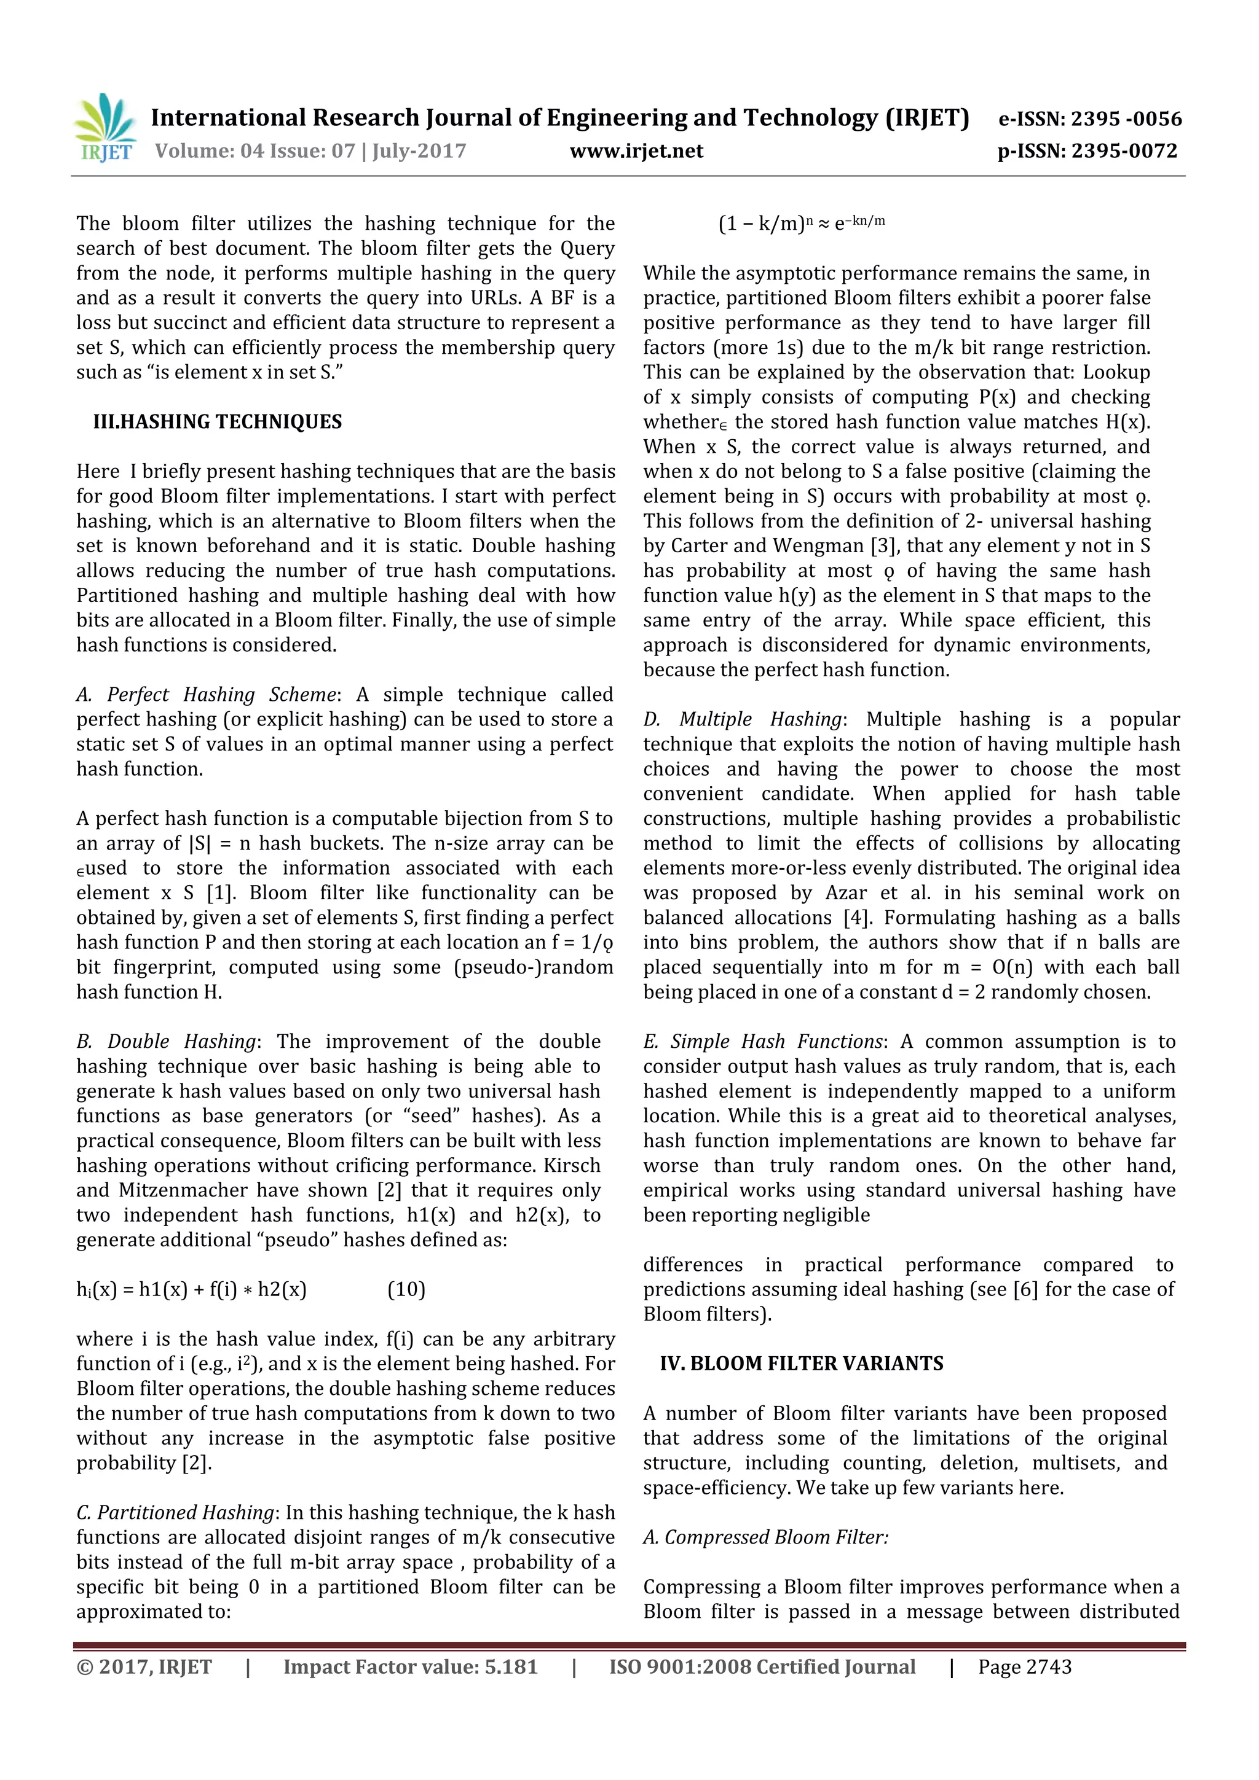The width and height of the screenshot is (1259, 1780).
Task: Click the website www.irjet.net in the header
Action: [x=636, y=151]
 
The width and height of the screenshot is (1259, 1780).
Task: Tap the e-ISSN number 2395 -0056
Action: [x=1126, y=119]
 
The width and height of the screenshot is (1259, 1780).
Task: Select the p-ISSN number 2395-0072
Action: [x=1124, y=151]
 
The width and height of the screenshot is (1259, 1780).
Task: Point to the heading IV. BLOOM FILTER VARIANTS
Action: [x=802, y=1364]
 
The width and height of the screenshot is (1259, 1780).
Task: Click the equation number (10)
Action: [x=406, y=1289]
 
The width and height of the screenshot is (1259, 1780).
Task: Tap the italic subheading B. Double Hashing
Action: [x=166, y=1041]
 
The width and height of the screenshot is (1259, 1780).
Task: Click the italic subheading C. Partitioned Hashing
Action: [x=175, y=1513]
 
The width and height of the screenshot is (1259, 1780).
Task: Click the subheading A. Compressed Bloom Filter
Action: [x=765, y=1537]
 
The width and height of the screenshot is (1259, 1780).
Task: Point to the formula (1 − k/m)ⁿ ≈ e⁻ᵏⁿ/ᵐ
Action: [x=802, y=224]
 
